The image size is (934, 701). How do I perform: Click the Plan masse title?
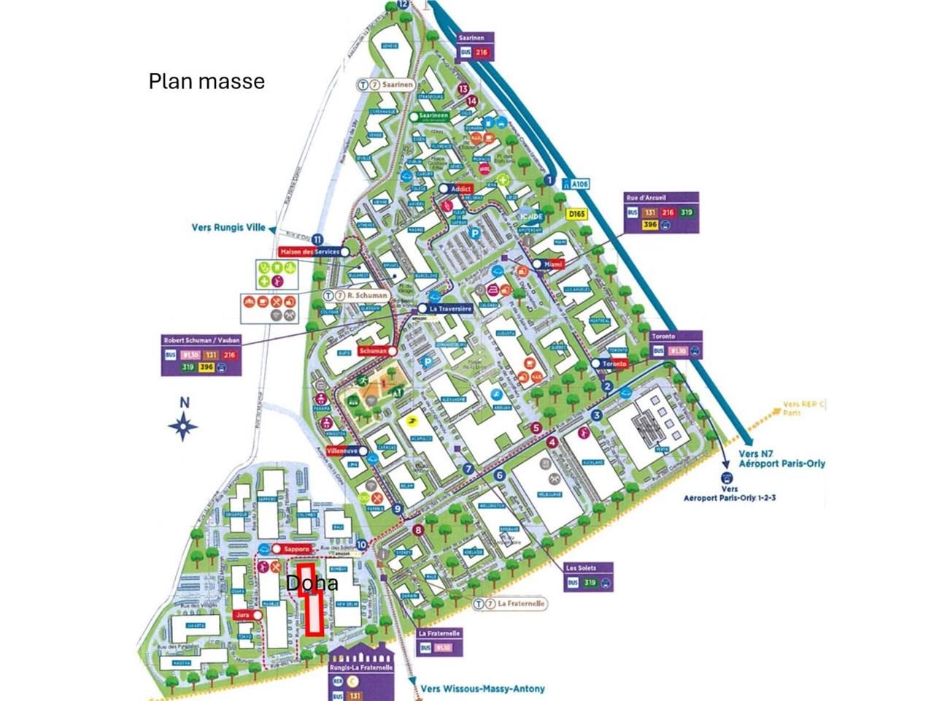click(207, 80)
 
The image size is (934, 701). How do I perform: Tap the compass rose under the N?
click(184, 426)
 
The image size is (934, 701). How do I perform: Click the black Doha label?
click(312, 583)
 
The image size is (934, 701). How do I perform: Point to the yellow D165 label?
click(576, 214)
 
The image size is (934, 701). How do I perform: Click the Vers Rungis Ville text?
click(228, 227)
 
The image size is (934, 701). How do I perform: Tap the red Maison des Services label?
click(309, 251)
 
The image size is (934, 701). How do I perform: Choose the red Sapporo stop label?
click(297, 548)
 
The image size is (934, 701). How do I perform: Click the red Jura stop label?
click(243, 616)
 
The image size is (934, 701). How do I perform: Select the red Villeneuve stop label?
click(342, 451)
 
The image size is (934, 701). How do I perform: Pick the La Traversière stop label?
click(450, 309)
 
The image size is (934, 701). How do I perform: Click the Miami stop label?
click(554, 264)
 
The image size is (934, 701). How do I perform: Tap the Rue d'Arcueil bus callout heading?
click(646, 197)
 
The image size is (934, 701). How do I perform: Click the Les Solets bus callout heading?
click(581, 568)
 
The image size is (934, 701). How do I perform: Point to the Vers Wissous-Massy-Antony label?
click(482, 689)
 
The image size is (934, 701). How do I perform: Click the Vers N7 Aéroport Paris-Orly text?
click(781, 458)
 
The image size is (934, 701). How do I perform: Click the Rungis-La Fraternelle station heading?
click(361, 667)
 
